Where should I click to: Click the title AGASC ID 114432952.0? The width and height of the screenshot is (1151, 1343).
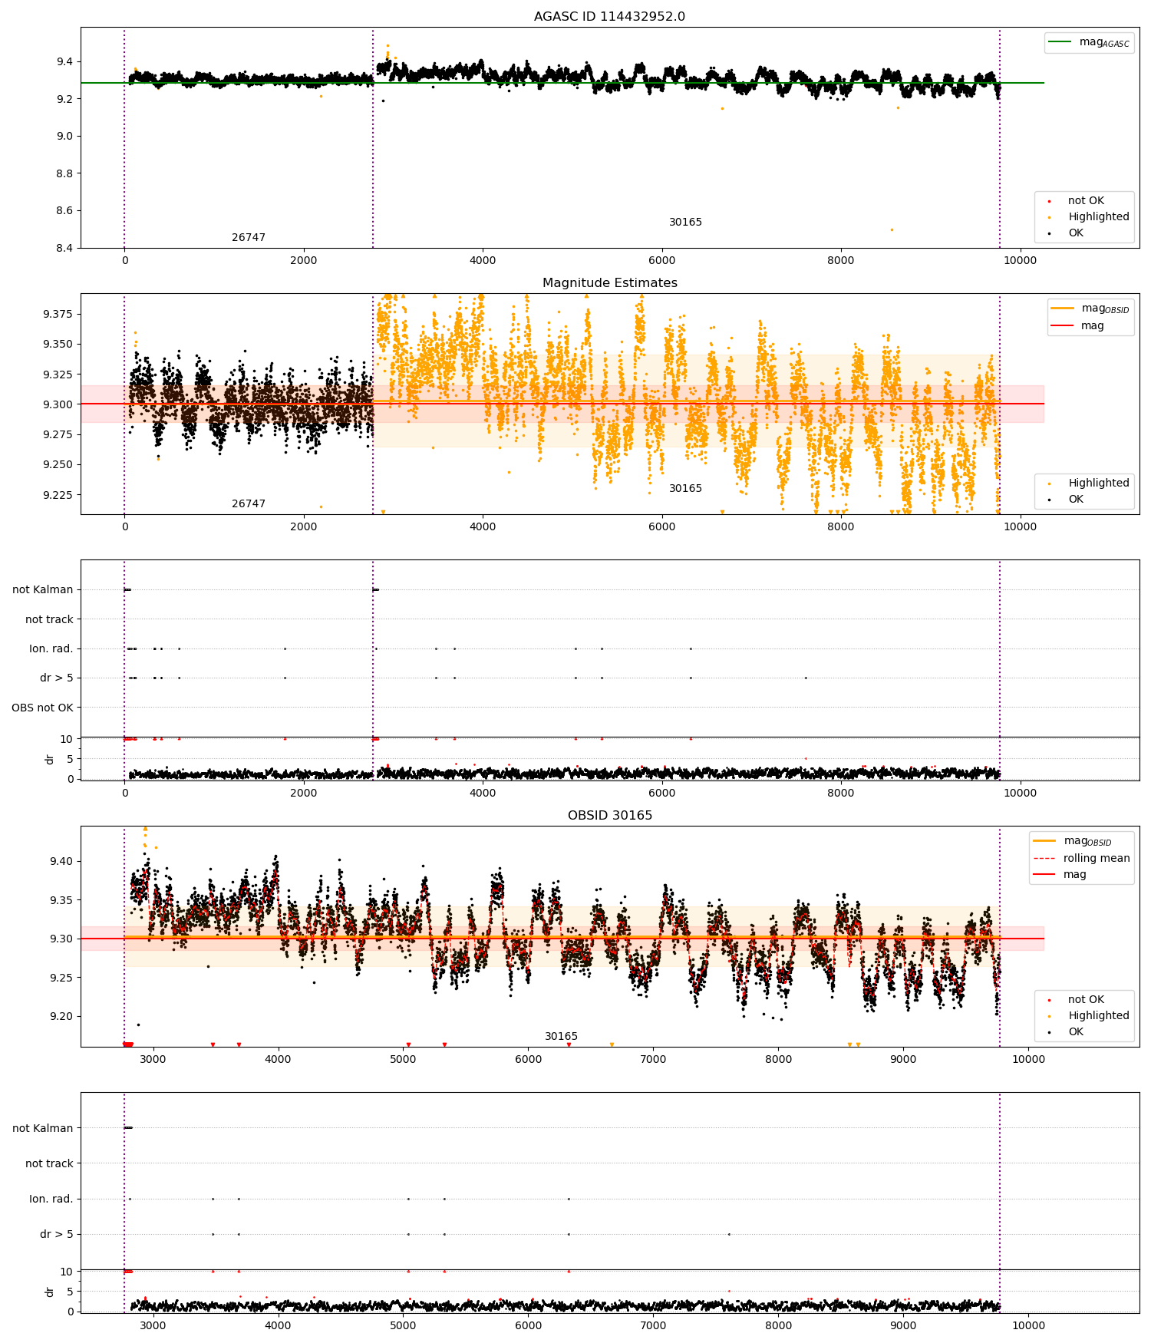coord(609,17)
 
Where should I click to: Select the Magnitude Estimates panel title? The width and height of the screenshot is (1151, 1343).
coord(609,283)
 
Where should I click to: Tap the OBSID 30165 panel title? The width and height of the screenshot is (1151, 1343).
coord(609,816)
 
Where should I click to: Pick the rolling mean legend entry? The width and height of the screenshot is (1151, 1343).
coord(1096,858)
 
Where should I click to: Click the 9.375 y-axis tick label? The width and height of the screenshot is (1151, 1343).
coord(58,315)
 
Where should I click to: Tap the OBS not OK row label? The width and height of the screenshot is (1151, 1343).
coord(42,708)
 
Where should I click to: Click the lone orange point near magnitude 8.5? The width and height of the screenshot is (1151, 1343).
coord(892,229)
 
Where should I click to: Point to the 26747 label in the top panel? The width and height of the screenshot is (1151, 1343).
coord(249,238)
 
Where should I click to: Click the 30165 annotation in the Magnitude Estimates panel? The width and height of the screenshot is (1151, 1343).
coord(685,489)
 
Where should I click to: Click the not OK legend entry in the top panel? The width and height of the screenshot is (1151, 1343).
coord(1085,201)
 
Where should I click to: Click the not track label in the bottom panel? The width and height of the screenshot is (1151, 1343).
coord(49,1163)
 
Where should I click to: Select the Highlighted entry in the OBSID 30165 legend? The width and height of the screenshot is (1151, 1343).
coord(1098,1015)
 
